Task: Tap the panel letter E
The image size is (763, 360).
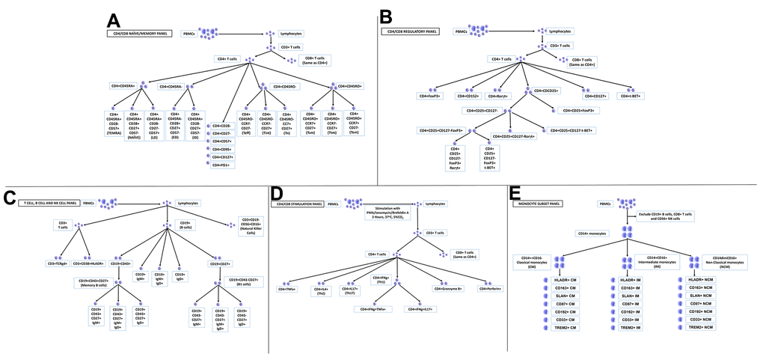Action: [x=515, y=195]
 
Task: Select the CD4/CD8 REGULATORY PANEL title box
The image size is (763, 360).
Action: [x=410, y=31]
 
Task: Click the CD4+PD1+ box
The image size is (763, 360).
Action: [x=220, y=165]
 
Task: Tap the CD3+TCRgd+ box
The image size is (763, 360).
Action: [x=58, y=263]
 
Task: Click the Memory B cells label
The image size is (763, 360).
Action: [x=124, y=283]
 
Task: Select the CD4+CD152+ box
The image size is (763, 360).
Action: [x=472, y=96]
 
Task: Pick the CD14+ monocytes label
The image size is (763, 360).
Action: [x=592, y=234]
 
